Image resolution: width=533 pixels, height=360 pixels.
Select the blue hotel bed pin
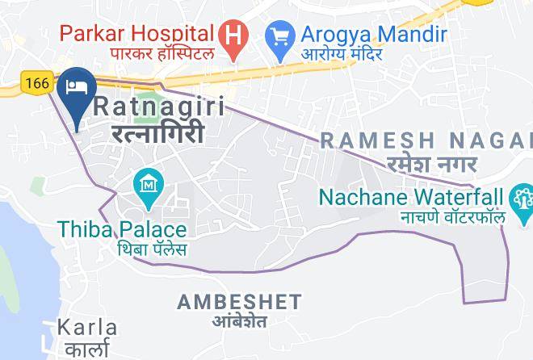click(x=78, y=87)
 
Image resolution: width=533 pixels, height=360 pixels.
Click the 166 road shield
click(x=37, y=81)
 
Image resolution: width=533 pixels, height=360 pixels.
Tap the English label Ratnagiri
click(x=159, y=107)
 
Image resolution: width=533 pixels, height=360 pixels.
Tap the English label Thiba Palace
click(x=122, y=229)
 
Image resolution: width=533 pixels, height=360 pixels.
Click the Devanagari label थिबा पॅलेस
click(x=152, y=249)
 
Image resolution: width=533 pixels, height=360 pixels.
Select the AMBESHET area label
click(x=239, y=302)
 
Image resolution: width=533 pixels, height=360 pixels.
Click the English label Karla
click(x=87, y=328)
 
